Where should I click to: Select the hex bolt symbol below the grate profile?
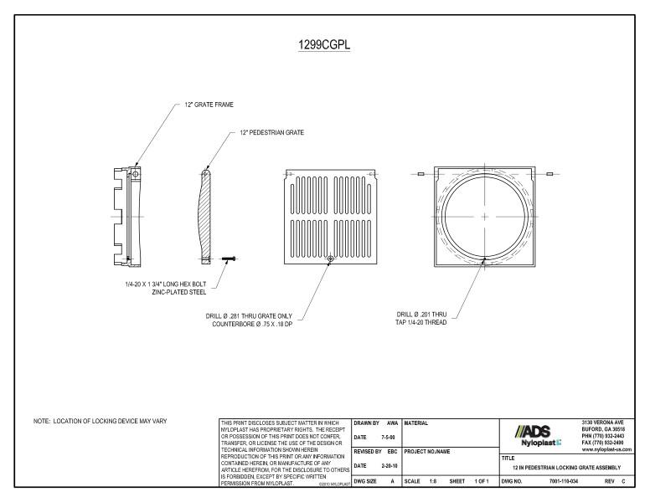[x=229, y=260]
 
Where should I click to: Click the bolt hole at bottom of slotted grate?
[x=332, y=259]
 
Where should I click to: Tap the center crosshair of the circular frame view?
[x=484, y=216]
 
